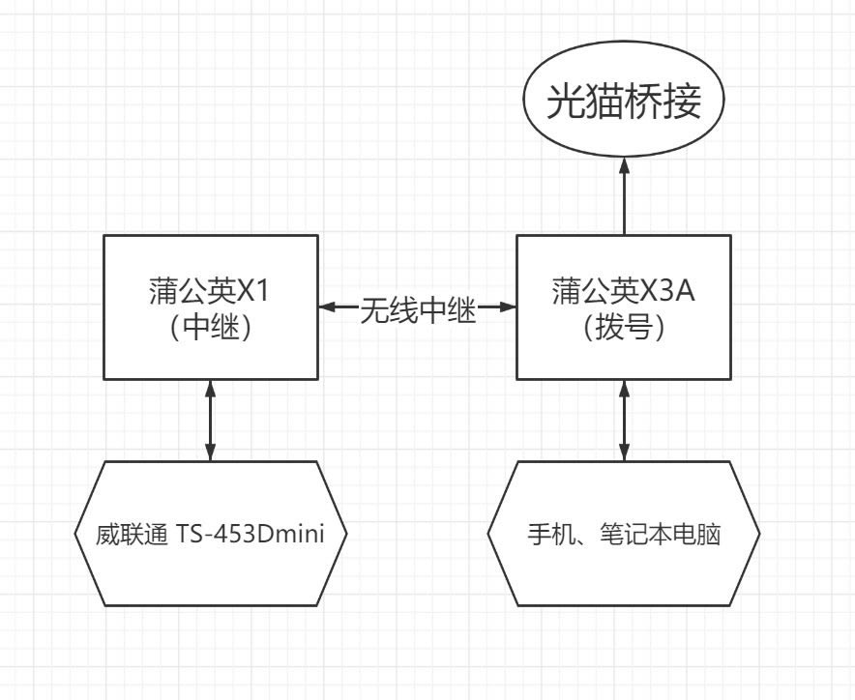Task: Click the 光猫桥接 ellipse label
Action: (x=624, y=101)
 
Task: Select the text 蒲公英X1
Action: (x=210, y=291)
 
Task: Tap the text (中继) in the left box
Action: (x=211, y=327)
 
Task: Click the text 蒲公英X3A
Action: (x=623, y=291)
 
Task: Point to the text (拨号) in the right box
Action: (x=624, y=327)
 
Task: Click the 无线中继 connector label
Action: (x=418, y=310)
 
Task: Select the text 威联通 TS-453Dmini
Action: (x=211, y=534)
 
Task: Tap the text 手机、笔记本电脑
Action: (x=624, y=534)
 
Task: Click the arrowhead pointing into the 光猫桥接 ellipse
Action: (x=625, y=165)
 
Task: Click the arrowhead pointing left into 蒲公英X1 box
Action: (x=327, y=306)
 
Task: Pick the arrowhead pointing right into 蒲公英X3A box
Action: (x=508, y=306)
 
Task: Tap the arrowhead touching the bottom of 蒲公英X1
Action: (x=211, y=388)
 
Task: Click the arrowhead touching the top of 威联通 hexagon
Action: (x=211, y=452)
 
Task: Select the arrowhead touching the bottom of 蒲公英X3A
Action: (x=625, y=388)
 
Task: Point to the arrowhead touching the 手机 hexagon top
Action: (x=625, y=452)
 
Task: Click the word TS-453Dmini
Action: (x=251, y=534)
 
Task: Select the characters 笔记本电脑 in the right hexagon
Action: (x=661, y=534)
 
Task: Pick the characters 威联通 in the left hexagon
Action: (x=132, y=535)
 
